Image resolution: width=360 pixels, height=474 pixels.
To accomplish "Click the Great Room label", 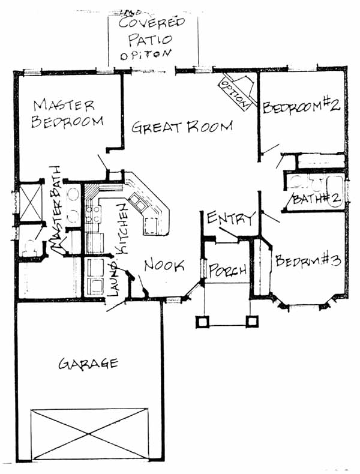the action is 182,127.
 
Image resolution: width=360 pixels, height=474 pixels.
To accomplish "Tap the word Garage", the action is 88,363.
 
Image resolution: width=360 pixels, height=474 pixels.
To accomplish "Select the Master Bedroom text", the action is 67,113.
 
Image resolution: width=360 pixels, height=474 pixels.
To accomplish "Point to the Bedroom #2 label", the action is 302,107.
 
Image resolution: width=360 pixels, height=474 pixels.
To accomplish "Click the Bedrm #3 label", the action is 308,260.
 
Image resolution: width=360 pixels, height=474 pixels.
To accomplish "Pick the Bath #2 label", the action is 316,199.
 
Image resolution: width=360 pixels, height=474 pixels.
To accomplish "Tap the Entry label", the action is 231,218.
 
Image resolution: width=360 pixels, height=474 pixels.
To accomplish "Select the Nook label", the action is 164,265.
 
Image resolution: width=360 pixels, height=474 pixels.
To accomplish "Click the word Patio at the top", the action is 150,39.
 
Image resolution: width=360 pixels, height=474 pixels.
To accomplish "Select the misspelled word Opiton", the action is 145,55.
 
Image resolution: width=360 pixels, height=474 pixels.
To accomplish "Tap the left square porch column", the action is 203,322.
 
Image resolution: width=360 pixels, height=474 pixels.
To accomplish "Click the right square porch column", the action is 252,322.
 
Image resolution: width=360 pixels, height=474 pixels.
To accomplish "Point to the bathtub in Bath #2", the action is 335,191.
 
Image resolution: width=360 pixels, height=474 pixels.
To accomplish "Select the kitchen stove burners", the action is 93,214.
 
